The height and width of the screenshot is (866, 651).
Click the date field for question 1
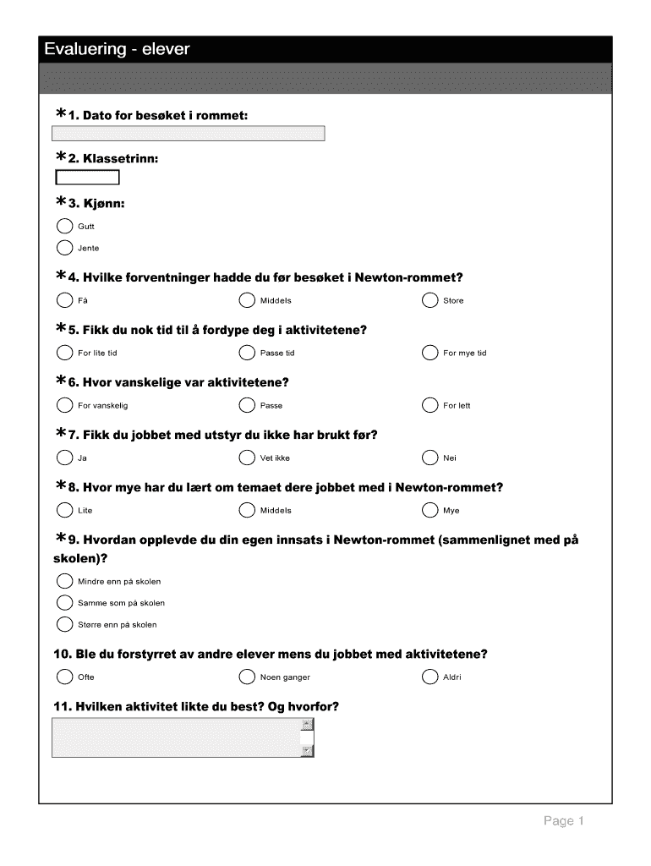(x=189, y=134)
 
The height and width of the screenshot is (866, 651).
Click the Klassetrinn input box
(x=87, y=178)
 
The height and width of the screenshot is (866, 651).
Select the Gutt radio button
(x=64, y=226)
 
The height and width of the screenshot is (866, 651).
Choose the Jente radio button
(x=64, y=248)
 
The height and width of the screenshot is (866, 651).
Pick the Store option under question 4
(x=429, y=300)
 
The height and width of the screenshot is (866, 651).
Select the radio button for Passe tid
(x=247, y=353)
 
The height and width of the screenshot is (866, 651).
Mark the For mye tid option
(x=429, y=353)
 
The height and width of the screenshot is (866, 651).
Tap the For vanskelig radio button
(x=64, y=405)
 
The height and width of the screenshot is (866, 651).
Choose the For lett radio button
(x=429, y=405)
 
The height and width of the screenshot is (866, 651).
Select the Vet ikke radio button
(x=247, y=458)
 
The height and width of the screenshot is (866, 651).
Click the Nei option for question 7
(x=429, y=458)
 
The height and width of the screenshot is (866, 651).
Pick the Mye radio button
(x=429, y=510)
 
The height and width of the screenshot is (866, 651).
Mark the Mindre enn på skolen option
(x=64, y=581)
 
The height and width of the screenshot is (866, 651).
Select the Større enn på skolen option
(x=64, y=625)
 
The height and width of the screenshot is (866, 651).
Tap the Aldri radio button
(x=429, y=677)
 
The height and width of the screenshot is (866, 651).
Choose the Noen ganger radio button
(x=247, y=677)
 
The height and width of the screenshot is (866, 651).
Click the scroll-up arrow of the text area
(x=308, y=725)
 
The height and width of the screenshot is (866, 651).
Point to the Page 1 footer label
(x=564, y=821)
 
